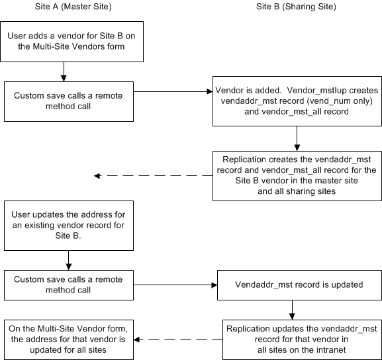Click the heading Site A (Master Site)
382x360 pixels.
73,7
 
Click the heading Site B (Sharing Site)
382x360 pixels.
296,7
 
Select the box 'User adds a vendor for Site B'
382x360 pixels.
72,42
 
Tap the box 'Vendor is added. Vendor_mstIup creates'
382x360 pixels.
297,101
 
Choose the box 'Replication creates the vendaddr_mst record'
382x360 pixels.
297,176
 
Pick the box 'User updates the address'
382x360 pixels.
69,226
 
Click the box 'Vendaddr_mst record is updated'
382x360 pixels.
299,285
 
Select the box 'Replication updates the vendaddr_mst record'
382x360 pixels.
302,339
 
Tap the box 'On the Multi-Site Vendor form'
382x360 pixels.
69,339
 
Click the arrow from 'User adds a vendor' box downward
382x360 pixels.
64,71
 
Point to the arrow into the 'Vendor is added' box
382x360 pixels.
173,91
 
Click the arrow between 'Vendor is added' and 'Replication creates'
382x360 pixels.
297,138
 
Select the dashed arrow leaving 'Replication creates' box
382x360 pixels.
153,175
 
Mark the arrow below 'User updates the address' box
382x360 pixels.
69,260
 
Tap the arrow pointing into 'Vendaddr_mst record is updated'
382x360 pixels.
175,285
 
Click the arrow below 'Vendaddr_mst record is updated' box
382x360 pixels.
292,310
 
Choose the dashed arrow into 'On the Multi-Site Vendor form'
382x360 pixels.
178,339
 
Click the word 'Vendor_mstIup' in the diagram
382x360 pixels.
316,91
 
